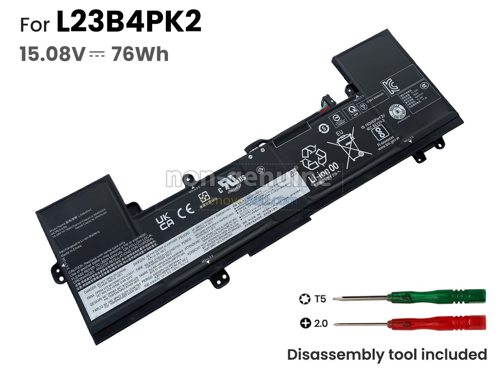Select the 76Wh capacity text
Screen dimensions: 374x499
pyautogui.click(x=140, y=54)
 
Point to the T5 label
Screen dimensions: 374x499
pyautogui.click(x=321, y=298)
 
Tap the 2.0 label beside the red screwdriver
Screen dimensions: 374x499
pyautogui.click(x=320, y=323)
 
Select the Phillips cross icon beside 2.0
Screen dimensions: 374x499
pyautogui.click(x=306, y=323)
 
